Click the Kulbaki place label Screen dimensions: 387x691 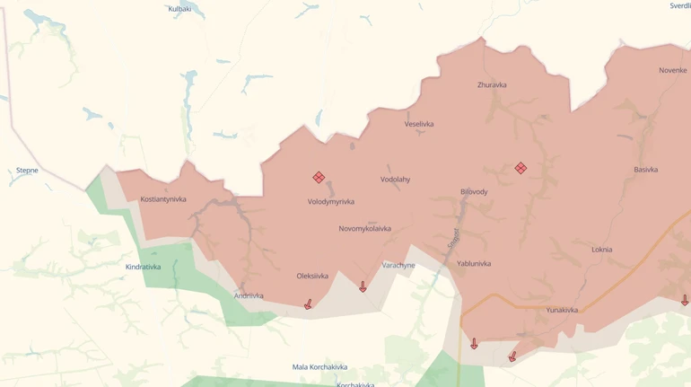coord(179,9)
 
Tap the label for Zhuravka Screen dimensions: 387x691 coord(492,85)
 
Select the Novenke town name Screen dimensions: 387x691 coord(672,70)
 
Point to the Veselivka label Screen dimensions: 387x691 coord(419,124)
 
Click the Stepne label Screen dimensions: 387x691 coord(27,171)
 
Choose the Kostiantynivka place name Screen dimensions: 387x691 coord(163,199)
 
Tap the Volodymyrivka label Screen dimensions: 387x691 coord(331,202)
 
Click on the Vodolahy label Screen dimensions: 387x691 coord(395,180)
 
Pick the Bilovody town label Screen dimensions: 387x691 coord(474,192)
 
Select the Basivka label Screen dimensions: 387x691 coord(645,170)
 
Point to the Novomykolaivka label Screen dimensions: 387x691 coord(364,229)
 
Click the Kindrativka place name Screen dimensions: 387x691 coord(144,268)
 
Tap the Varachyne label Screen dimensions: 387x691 coord(398,266)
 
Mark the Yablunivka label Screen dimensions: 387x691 coord(474,264)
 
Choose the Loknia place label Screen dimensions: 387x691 coord(602,250)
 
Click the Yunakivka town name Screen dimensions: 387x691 coord(562,311)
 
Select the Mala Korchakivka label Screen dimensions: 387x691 coord(319,367)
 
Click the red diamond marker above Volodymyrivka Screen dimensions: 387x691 coord(319,178)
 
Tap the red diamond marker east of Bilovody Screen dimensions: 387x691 coord(520,168)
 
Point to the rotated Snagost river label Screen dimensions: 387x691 coord(454,238)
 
